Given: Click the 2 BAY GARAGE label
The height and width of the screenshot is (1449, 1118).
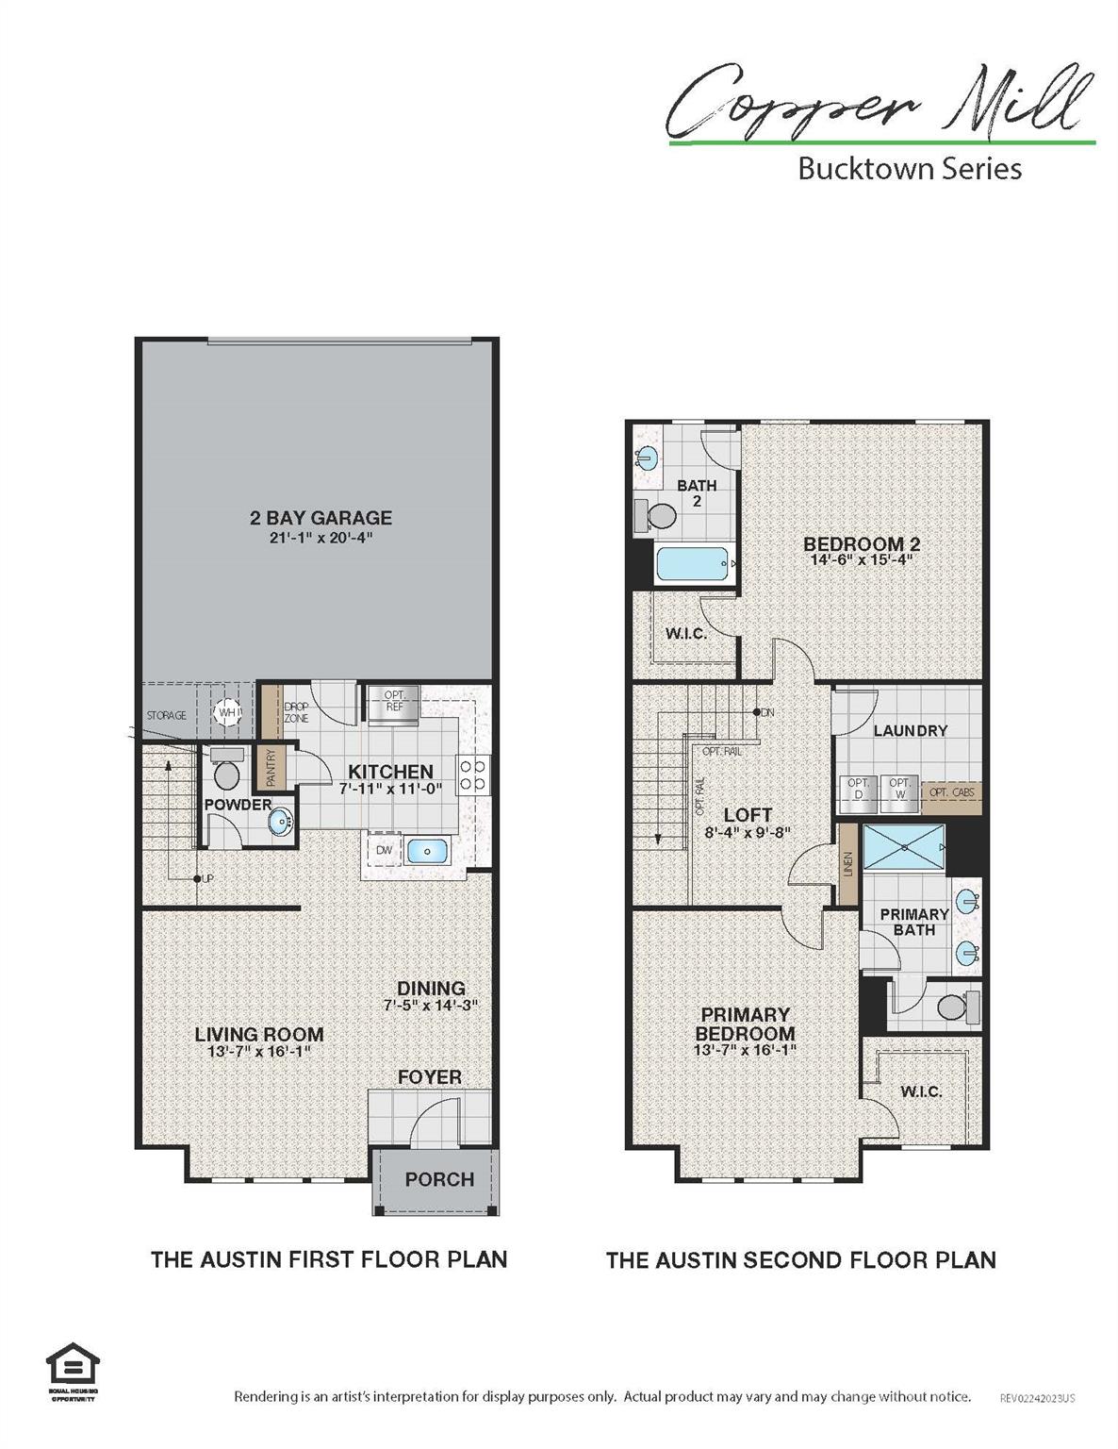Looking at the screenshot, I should pyautogui.click(x=321, y=518).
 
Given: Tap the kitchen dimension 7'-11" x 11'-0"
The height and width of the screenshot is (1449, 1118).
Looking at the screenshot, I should pyautogui.click(x=390, y=790).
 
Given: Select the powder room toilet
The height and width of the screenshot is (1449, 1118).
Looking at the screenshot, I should pyautogui.click(x=226, y=772).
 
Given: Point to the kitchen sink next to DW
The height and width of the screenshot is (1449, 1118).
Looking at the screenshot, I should pyautogui.click(x=427, y=850).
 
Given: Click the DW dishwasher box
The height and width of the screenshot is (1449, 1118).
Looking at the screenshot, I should pyautogui.click(x=384, y=850).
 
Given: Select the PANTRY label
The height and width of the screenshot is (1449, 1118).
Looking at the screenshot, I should pyautogui.click(x=271, y=768).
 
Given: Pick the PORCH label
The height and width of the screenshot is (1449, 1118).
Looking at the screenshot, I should pyautogui.click(x=439, y=1179).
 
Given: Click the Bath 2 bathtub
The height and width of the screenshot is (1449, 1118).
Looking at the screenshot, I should pyautogui.click(x=693, y=565).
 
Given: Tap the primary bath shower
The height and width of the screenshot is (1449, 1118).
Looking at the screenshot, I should pyautogui.click(x=903, y=847).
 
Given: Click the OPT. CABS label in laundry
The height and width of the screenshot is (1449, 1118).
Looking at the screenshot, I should pyautogui.click(x=951, y=793).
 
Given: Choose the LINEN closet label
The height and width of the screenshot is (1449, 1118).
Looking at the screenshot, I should pyautogui.click(x=848, y=863).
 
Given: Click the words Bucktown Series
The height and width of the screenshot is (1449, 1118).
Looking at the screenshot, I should pyautogui.click(x=910, y=169).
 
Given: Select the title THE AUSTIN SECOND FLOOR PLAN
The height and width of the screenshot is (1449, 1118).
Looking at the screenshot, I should pyautogui.click(x=800, y=1259).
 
